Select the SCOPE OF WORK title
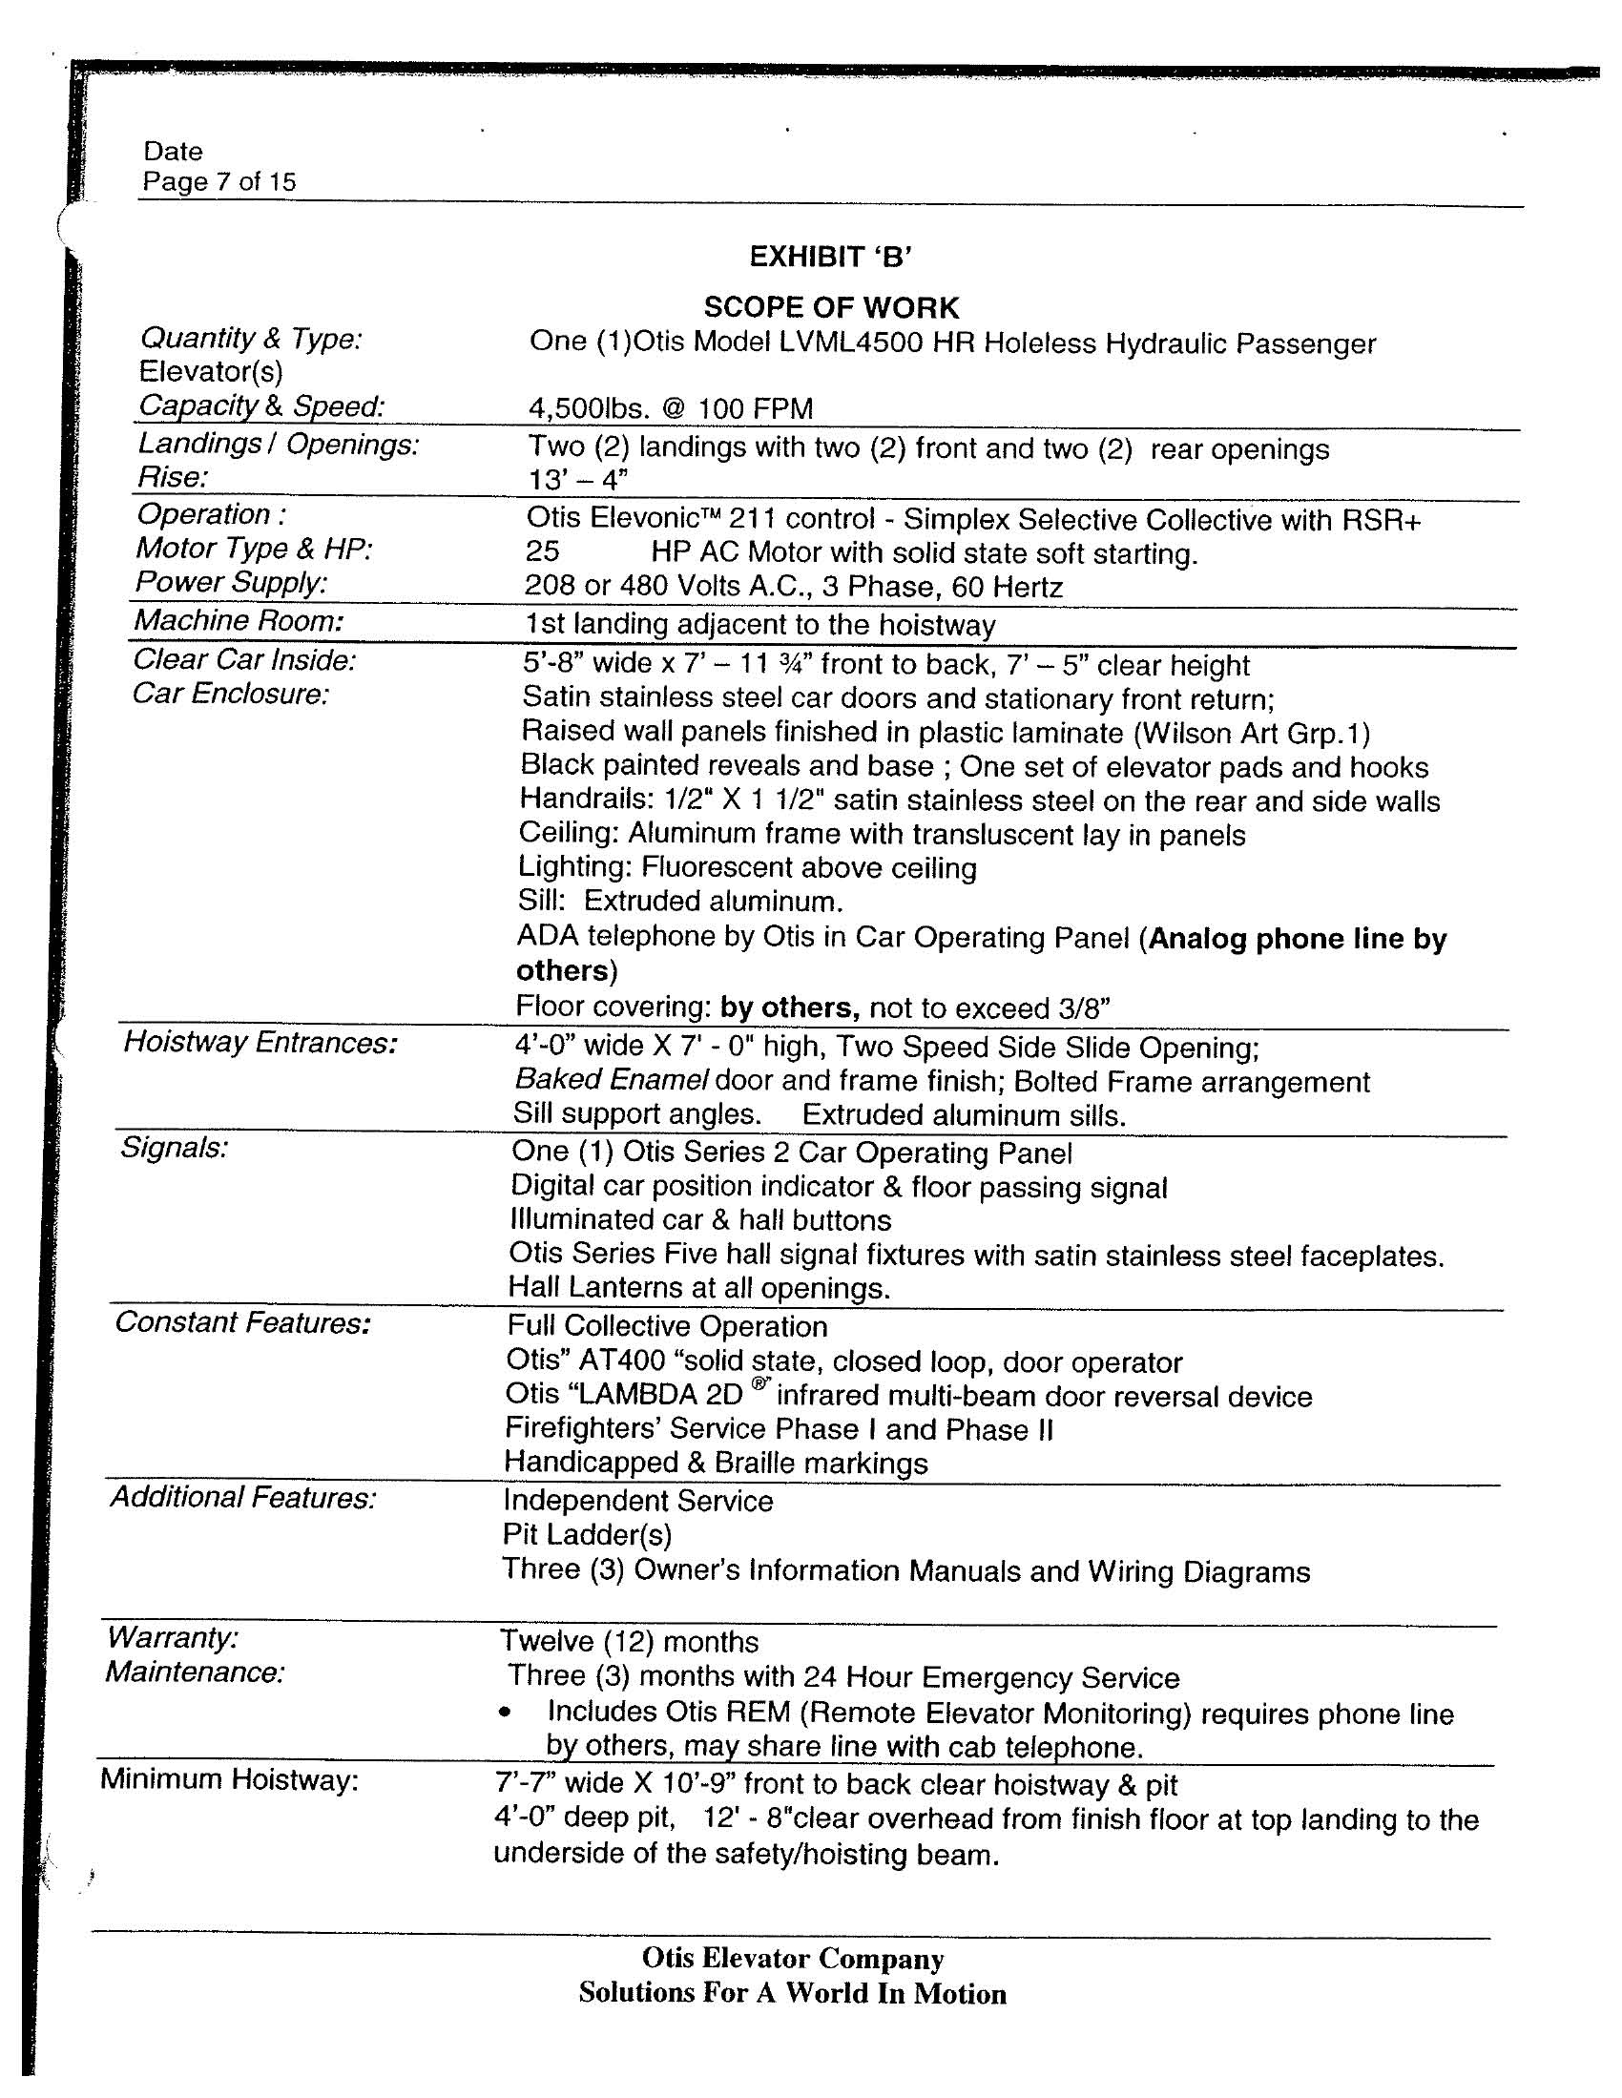point(831,307)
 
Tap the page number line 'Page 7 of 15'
point(219,181)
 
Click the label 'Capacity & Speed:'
point(261,406)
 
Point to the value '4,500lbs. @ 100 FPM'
point(671,408)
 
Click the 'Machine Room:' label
point(239,621)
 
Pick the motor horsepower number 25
point(542,553)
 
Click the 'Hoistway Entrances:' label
point(260,1042)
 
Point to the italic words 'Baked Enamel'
point(612,1080)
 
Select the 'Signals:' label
point(174,1147)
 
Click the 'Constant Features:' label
point(242,1322)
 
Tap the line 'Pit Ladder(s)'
point(587,1534)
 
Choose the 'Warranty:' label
point(173,1636)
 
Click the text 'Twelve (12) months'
point(629,1642)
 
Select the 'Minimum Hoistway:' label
point(229,1780)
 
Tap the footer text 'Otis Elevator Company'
point(793,1959)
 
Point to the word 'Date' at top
point(173,151)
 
